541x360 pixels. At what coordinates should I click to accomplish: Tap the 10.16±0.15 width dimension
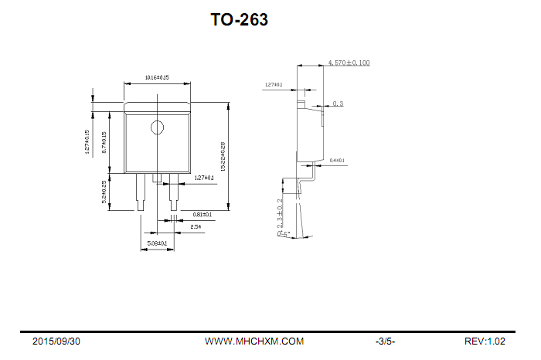click(157, 78)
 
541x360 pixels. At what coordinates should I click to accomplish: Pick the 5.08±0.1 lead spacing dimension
click(157, 243)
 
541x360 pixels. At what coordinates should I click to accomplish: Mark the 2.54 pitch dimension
click(196, 226)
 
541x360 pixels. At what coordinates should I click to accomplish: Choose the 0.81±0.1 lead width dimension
click(192, 214)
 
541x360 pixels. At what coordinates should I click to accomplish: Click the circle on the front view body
click(158, 127)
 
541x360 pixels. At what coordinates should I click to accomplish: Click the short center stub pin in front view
click(158, 178)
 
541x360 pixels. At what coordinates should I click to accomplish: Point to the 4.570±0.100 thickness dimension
click(349, 63)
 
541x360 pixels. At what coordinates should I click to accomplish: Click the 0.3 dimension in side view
click(338, 104)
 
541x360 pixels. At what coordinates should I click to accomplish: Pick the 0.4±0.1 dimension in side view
click(337, 161)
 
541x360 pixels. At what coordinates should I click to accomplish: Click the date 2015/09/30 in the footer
click(56, 341)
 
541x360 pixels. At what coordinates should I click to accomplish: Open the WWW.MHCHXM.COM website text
click(254, 341)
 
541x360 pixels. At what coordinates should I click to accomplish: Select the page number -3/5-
click(385, 341)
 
